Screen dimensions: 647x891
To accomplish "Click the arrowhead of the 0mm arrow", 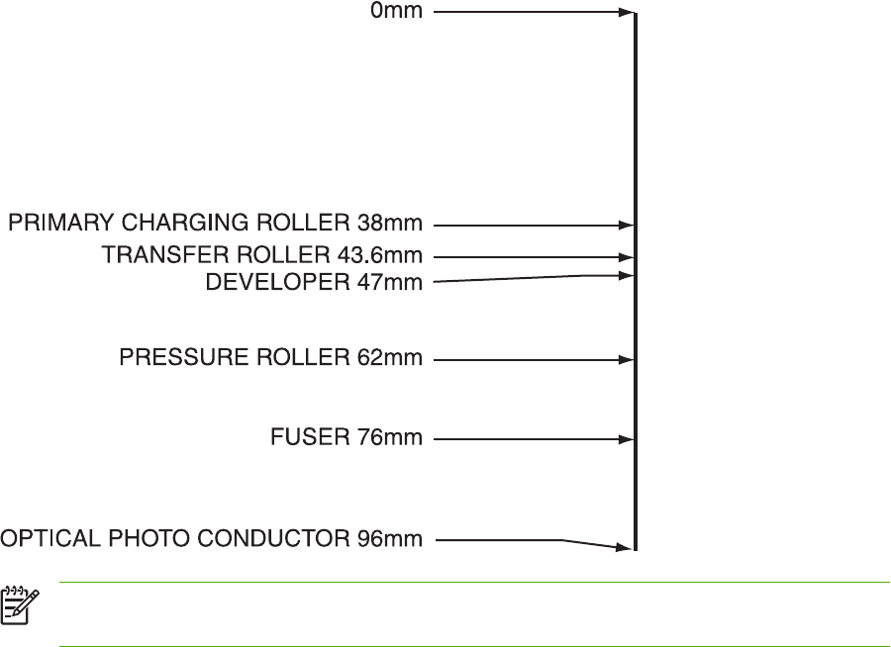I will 627,13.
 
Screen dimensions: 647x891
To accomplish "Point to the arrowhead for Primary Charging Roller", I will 627,226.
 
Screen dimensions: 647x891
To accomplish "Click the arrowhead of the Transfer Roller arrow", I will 627,256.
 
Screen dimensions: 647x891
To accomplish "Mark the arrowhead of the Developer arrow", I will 627,275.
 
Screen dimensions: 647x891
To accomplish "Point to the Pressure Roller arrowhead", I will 627,360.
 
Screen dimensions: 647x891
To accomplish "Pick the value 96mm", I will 390,539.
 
